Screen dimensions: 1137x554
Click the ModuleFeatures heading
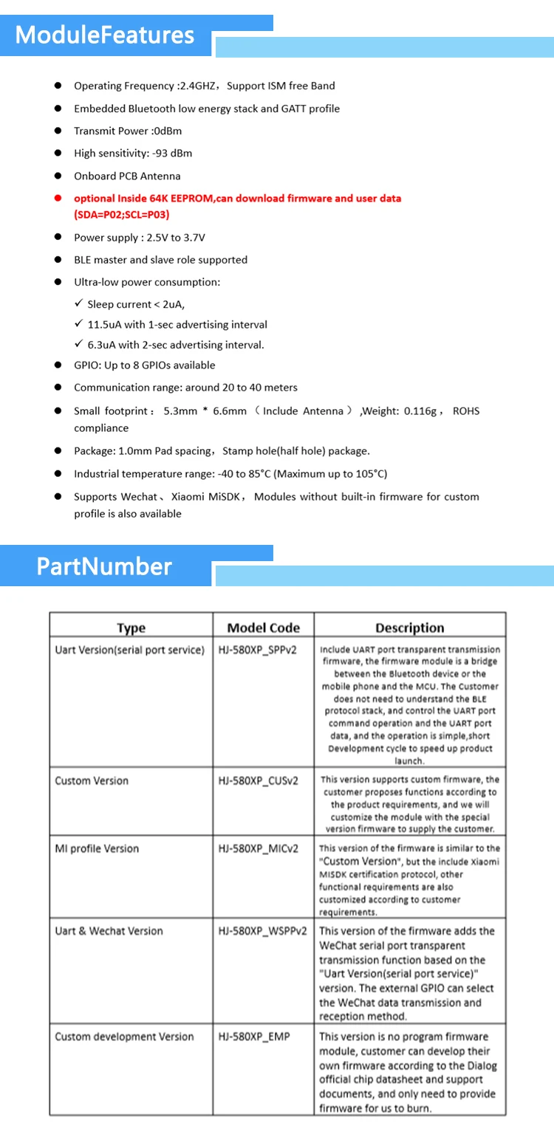(105, 35)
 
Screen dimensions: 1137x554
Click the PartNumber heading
(104, 566)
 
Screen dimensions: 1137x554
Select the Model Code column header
(263, 628)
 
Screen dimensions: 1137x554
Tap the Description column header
(409, 628)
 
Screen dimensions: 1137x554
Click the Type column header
(131, 628)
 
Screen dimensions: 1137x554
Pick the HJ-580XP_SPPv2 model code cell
(258, 650)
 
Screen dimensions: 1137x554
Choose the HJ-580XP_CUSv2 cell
(258, 780)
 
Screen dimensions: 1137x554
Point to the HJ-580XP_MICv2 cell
(259, 848)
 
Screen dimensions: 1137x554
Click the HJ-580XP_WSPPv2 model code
(262, 931)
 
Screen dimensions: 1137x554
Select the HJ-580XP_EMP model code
(254, 1037)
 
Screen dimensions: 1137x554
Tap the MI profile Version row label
(97, 848)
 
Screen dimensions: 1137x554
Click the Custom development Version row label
(124, 1037)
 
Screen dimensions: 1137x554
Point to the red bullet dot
(58, 199)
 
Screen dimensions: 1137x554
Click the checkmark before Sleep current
(79, 303)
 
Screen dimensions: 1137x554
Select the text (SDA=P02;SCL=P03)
(122, 215)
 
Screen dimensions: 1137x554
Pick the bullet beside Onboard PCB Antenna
(58, 176)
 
